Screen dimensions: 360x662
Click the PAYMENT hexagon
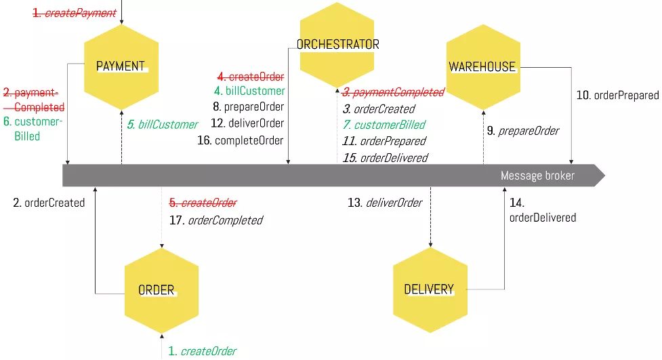click(121, 66)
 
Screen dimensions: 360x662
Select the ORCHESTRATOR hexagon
click(337, 45)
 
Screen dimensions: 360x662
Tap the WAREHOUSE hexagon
click(482, 66)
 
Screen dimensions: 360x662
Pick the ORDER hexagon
click(161, 290)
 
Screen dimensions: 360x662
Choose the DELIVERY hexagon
click(430, 289)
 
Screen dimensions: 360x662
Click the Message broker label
click(537, 176)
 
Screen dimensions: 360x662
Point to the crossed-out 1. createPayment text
click(75, 13)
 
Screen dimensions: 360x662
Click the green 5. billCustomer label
click(163, 125)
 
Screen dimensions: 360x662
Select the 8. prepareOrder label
click(248, 107)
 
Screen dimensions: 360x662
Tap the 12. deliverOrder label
click(247, 123)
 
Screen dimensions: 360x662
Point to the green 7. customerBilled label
click(384, 125)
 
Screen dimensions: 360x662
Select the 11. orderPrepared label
click(384, 141)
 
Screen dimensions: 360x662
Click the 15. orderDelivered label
click(385, 157)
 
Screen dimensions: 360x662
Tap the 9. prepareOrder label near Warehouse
click(522, 130)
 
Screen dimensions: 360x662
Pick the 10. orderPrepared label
click(617, 96)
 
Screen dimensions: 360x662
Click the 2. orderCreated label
click(49, 203)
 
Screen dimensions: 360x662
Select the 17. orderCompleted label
click(215, 220)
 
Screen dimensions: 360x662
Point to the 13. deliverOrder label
click(385, 203)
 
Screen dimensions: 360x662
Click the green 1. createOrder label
click(203, 351)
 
